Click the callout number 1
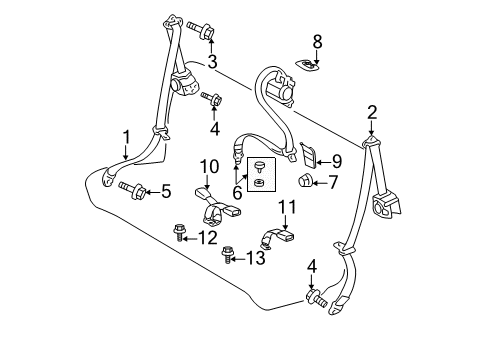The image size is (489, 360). point(126,137)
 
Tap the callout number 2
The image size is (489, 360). point(372,112)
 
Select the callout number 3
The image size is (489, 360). point(212,62)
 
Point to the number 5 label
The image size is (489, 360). point(166,191)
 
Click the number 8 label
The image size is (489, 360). point(317,42)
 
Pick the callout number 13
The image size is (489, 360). point(255,258)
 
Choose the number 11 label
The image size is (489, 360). point(287,207)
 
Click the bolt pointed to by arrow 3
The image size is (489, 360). point(200,30)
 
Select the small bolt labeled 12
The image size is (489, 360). point(178,232)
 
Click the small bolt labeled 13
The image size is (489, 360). point(228,254)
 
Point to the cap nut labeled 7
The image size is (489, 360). point(303,181)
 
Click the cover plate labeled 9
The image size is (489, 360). point(308,155)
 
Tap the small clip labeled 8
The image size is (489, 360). point(307,64)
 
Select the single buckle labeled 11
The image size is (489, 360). point(277,239)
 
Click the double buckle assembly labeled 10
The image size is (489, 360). point(218,207)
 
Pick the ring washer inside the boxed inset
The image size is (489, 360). point(259,182)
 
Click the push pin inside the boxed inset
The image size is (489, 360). point(259,166)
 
